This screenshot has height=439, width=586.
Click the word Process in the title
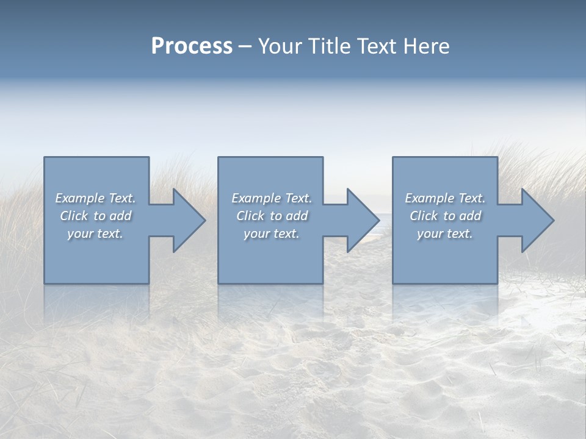[192, 46]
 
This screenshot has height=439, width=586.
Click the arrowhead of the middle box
[362, 221]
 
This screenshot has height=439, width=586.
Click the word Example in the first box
[79, 198]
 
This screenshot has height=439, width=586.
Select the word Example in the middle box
[256, 198]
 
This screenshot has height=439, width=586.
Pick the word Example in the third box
[429, 198]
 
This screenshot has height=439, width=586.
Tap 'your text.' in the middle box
[272, 234]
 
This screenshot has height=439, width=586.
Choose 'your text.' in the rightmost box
[445, 234]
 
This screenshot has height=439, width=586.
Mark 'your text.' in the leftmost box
[95, 234]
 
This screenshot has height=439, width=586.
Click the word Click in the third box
[424, 216]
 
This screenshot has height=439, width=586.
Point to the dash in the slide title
[245, 46]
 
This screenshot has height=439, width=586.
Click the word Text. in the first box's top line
[121, 198]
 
